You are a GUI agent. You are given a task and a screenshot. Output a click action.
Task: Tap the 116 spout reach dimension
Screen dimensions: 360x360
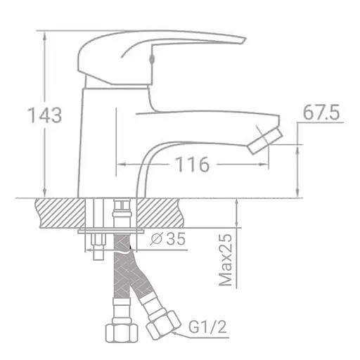click(x=192, y=165)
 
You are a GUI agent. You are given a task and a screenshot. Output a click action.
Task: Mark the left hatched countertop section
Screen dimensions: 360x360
click(x=60, y=212)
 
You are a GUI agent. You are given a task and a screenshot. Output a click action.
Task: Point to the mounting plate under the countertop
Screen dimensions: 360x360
click(x=112, y=231)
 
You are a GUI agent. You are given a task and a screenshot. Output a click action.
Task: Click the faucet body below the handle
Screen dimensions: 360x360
click(x=105, y=141)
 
